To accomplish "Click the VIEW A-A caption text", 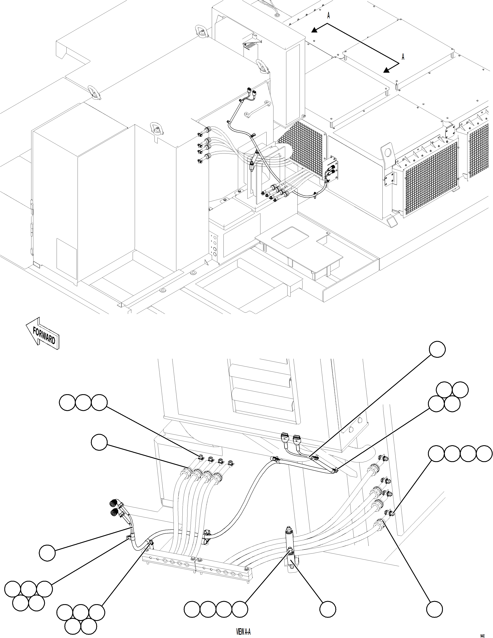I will pos(243,631).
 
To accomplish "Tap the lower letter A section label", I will pos(403,57).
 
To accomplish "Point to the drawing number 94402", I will pos(482,634).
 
